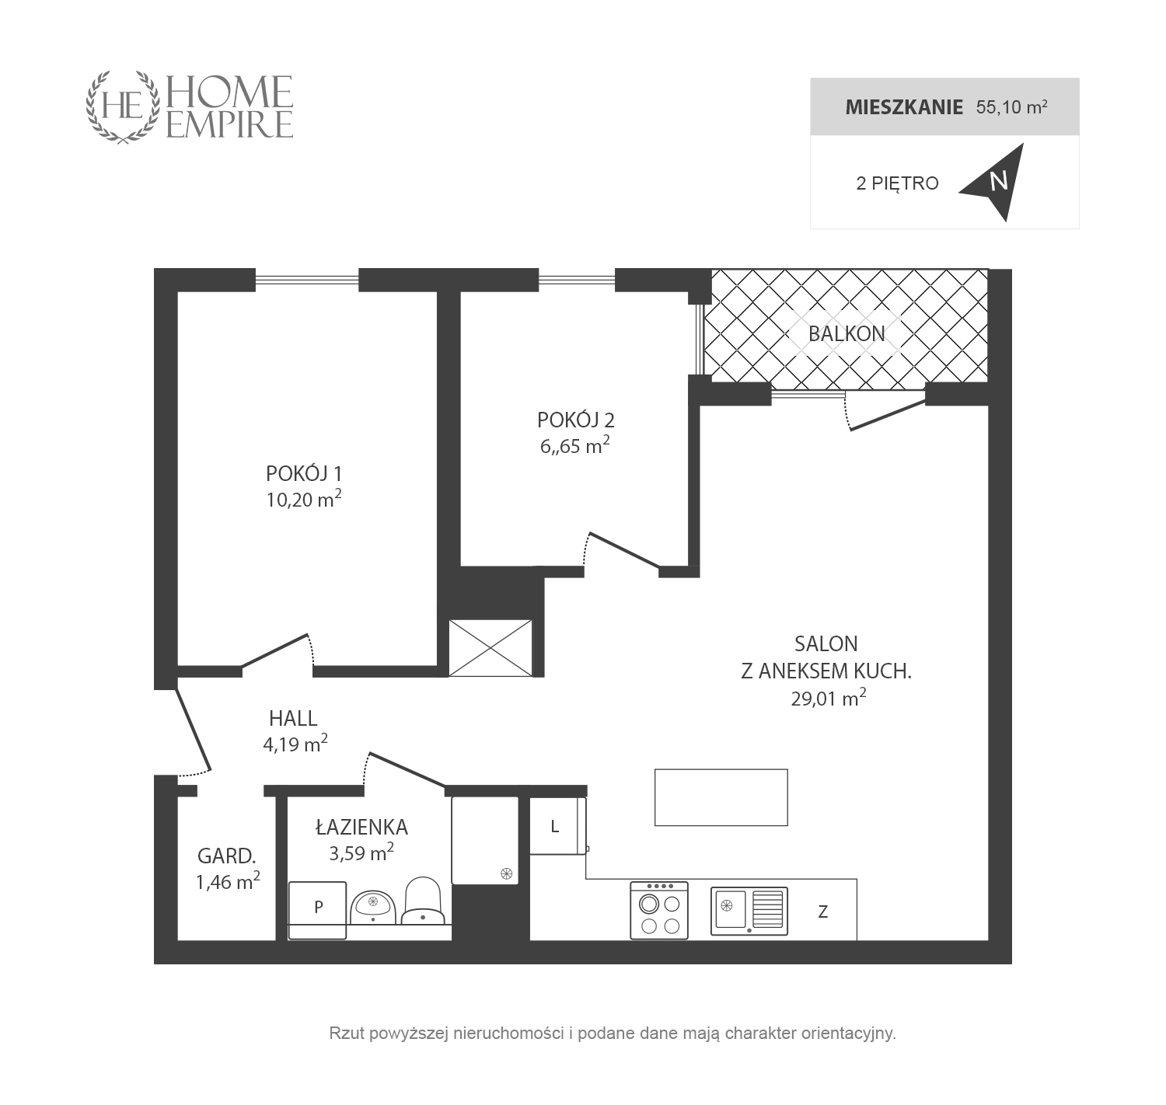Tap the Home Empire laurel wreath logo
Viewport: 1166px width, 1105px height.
click(123, 106)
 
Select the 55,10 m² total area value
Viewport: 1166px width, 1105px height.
click(1011, 106)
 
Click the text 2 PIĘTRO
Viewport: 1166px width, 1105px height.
click(897, 183)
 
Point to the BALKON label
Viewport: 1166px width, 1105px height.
click(847, 333)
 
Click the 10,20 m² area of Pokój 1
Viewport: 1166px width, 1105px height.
click(304, 499)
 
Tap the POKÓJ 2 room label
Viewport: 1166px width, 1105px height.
click(575, 420)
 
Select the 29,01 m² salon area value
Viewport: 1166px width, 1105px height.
click(828, 698)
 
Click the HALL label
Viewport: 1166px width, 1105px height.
click(293, 718)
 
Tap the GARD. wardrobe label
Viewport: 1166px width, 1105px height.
click(226, 856)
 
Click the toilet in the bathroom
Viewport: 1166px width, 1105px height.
click(422, 901)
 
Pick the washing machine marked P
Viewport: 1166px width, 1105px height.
click(316, 911)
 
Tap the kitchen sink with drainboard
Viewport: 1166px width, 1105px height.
click(749, 911)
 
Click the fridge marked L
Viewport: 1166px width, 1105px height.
click(557, 825)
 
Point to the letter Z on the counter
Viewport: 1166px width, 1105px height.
click(822, 912)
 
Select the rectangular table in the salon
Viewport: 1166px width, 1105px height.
click(721, 797)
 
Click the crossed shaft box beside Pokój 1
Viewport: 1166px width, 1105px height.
click(490, 648)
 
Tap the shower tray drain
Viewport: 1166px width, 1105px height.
click(506, 873)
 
